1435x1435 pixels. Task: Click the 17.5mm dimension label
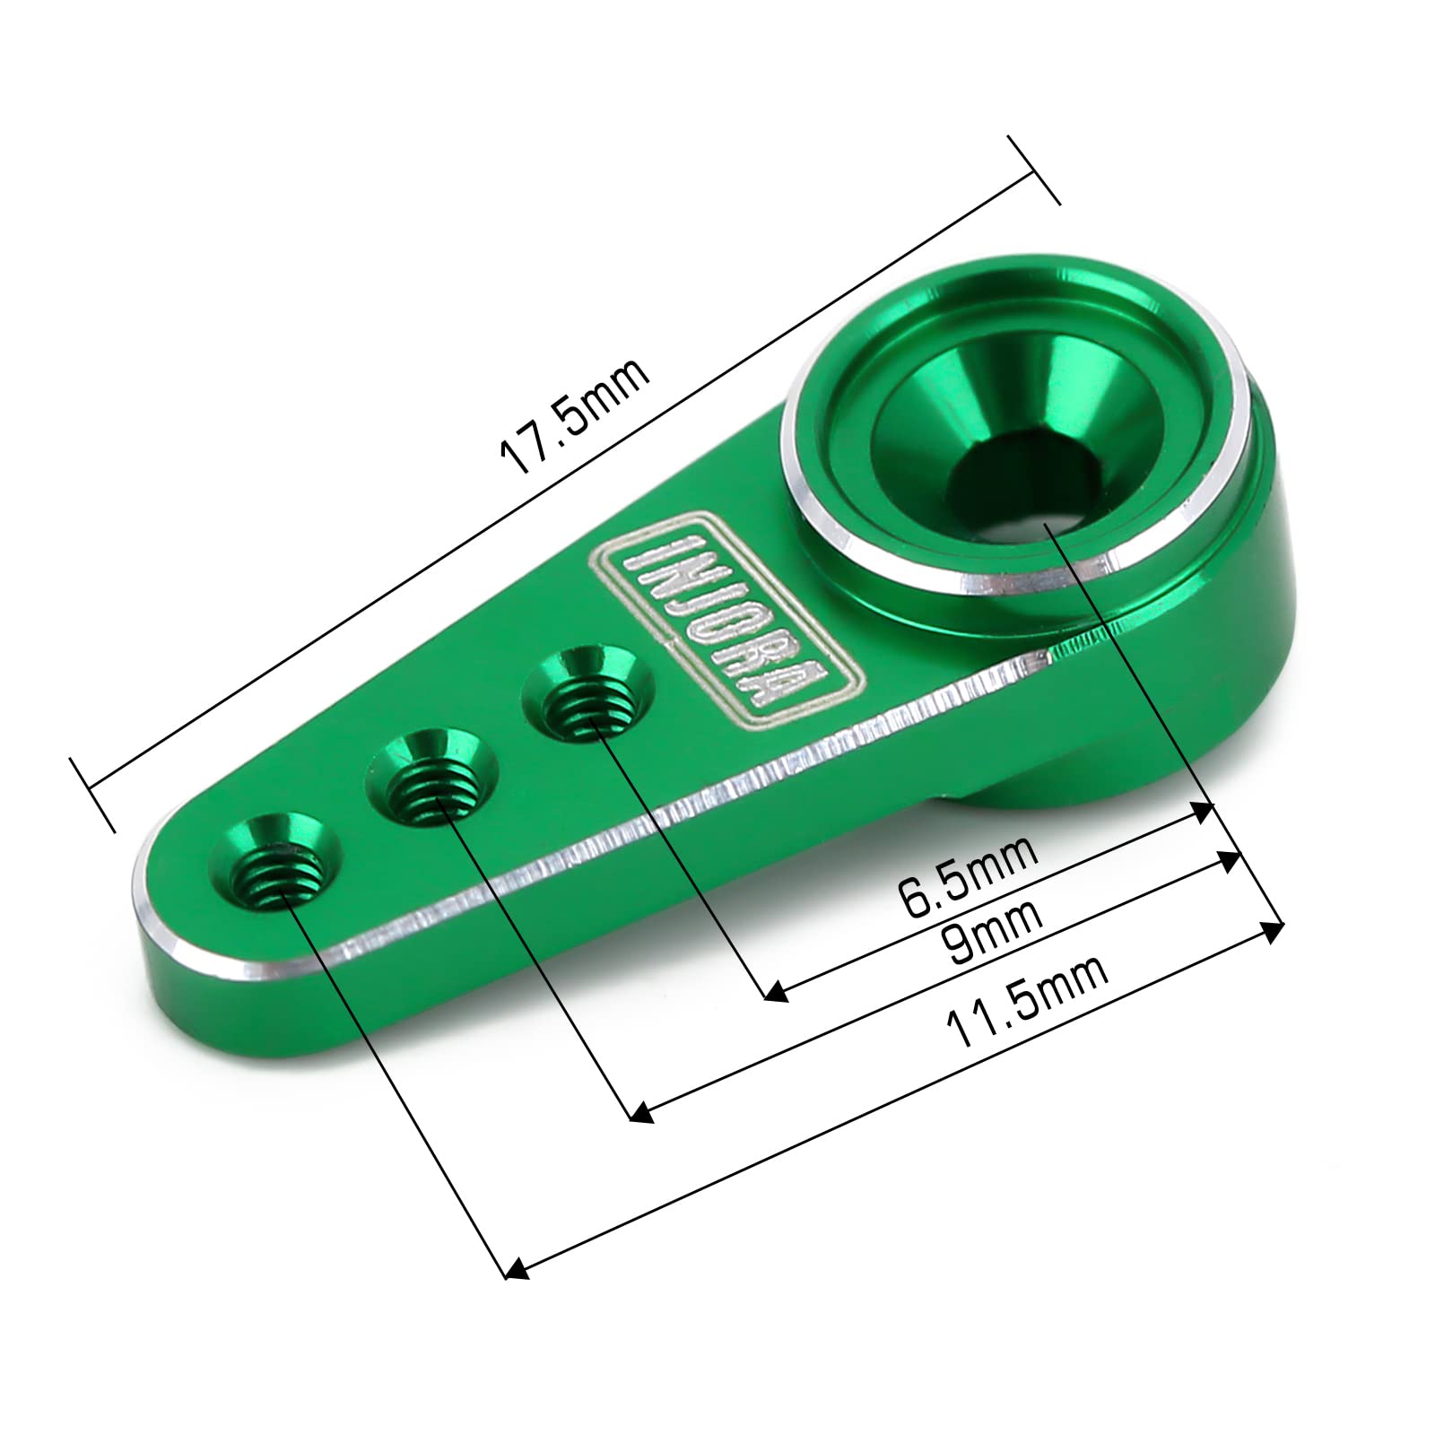tap(574, 416)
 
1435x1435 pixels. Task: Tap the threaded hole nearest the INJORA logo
tap(588, 691)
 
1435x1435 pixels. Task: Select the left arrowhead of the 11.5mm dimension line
tap(514, 1269)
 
